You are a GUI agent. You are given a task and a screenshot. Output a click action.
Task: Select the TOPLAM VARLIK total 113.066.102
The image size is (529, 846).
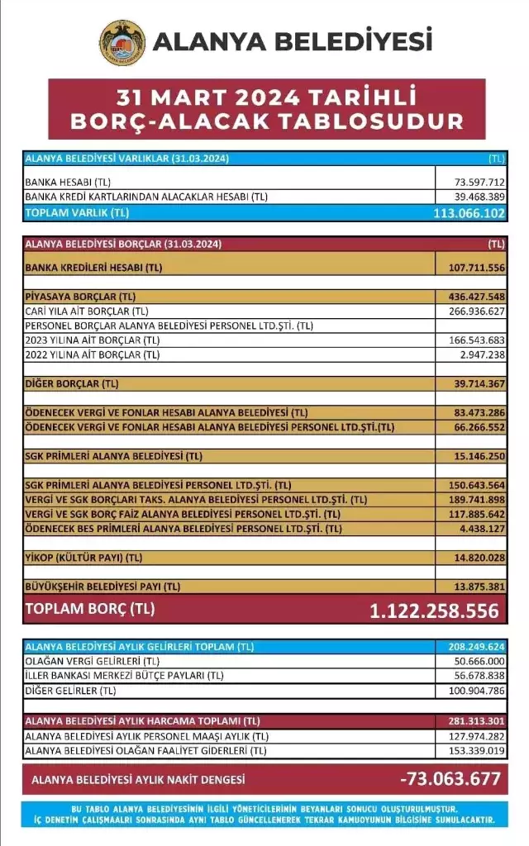point(468,213)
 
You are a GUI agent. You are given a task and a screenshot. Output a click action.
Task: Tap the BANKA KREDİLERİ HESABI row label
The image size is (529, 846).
point(93,269)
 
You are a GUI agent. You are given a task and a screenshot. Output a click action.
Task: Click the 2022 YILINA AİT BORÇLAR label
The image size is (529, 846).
point(92,355)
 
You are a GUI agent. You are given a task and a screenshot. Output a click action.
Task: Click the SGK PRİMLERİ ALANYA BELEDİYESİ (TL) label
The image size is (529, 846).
point(114,455)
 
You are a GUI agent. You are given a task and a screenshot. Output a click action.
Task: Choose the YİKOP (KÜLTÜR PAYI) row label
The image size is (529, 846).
point(83,558)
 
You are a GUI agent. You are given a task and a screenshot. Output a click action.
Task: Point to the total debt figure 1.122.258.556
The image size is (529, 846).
point(434,611)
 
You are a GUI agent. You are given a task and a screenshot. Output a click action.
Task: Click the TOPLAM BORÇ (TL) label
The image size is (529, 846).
point(90,610)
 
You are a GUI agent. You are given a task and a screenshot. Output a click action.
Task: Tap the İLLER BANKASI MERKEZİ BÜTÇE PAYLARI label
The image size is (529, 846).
point(124,675)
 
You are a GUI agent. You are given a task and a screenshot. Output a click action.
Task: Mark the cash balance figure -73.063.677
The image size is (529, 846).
point(450,779)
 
